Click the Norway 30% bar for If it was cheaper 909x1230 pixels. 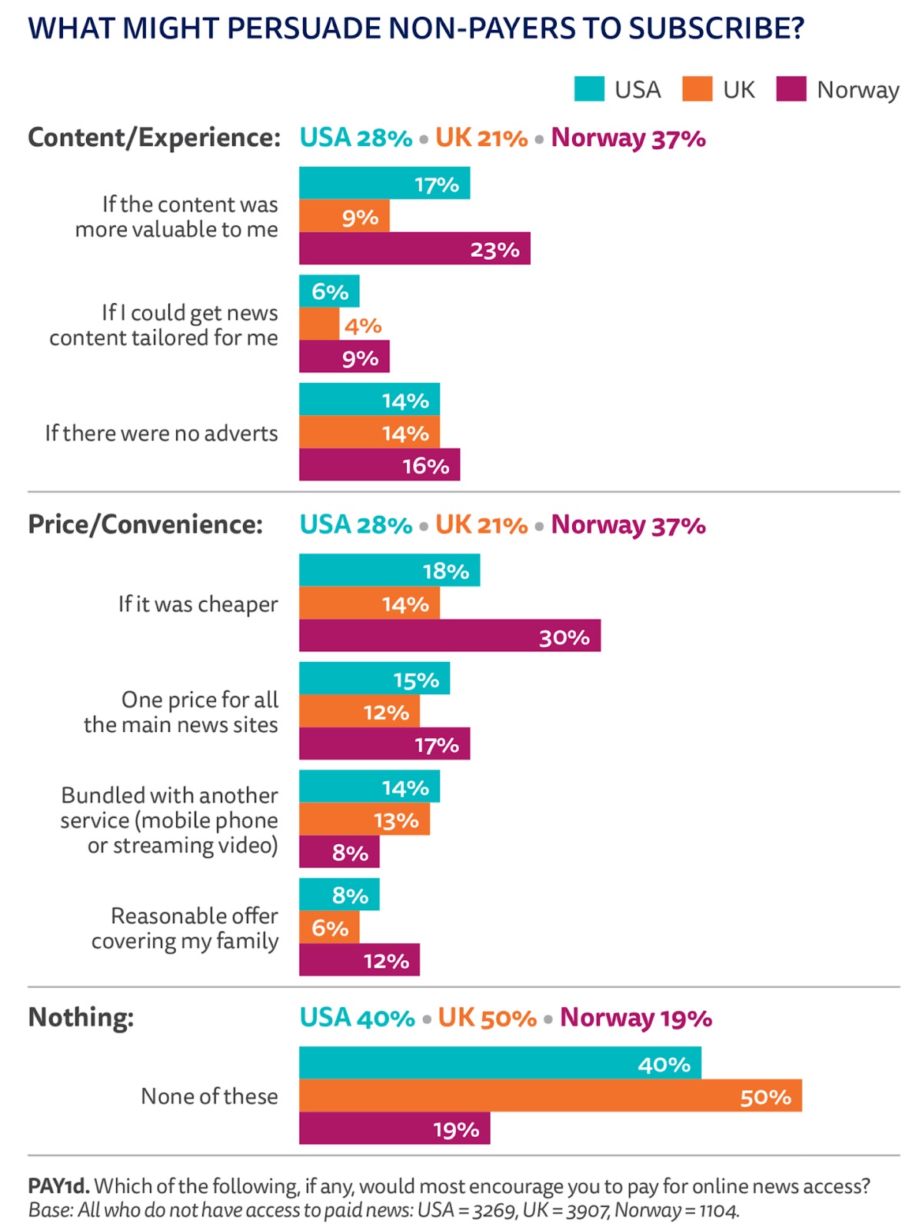click(450, 636)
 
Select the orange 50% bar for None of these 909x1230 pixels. click(550, 1095)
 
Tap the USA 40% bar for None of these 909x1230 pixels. click(500, 1063)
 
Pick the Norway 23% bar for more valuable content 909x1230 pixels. click(415, 248)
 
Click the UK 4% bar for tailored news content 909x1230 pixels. click(319, 324)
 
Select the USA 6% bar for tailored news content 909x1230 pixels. click(329, 291)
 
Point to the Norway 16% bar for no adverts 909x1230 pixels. click(379, 465)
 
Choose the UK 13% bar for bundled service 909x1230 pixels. click(365, 819)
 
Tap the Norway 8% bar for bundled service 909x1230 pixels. click(339, 852)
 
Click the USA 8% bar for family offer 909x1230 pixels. click(339, 895)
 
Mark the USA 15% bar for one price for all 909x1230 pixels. click(375, 679)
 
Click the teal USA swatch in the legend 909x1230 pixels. click(589, 89)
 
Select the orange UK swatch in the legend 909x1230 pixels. click(697, 89)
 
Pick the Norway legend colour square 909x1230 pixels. click(791, 89)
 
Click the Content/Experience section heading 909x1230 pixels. click(155, 138)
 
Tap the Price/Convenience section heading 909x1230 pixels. click(145, 524)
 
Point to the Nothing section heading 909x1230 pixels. click(81, 1017)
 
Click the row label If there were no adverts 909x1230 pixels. click(161, 434)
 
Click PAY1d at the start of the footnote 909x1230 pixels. click(58, 1186)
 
